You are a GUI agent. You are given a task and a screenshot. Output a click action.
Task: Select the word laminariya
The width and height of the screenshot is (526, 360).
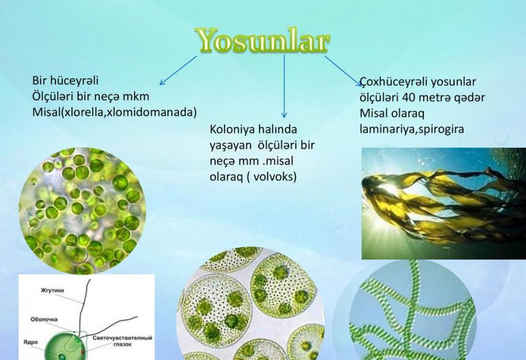coord(387,129)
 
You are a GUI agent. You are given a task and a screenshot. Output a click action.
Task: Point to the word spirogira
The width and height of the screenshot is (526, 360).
coord(440,129)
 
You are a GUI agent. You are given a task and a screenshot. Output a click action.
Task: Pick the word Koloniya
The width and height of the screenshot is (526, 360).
coord(231,129)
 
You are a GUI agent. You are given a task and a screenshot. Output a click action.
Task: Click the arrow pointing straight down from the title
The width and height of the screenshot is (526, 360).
coord(284,86)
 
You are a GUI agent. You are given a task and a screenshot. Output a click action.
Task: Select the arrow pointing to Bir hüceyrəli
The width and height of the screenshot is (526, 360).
coord(178,70)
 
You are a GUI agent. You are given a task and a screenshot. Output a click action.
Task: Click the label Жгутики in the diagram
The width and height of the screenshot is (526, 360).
coord(52,290)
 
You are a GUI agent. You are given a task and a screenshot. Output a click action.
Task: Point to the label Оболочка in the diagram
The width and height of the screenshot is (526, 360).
coord(44,319)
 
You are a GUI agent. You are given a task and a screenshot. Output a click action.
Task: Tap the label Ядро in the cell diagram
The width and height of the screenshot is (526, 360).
coord(31,342)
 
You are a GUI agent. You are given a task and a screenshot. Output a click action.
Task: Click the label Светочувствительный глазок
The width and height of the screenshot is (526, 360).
coord(122,340)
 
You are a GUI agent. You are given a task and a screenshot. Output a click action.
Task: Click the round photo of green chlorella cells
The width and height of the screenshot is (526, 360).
coord(82,210)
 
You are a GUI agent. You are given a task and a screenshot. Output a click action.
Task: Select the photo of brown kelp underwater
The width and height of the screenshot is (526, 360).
coord(444,204)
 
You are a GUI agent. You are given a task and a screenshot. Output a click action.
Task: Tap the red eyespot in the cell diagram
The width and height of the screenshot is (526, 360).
coord(82,352)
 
